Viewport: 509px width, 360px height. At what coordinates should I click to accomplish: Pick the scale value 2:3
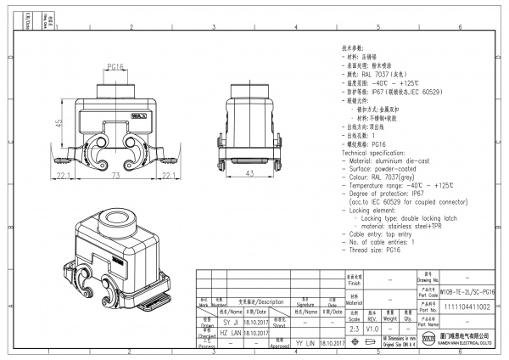(x=354, y=327)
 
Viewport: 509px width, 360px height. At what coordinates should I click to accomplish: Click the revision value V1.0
(x=374, y=327)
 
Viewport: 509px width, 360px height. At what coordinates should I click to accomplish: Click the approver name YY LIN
(x=305, y=343)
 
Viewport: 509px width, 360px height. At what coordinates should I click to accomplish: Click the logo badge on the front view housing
(x=135, y=111)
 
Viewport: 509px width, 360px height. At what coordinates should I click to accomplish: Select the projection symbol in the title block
(x=373, y=342)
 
